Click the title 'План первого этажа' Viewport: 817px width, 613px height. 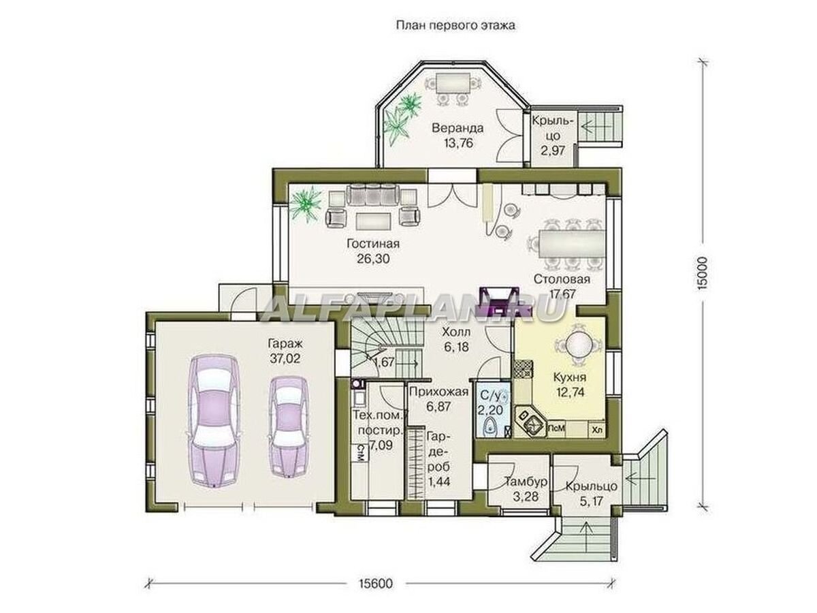tap(455, 26)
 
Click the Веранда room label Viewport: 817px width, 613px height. tap(458, 128)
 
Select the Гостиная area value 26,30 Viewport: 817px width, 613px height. tap(373, 258)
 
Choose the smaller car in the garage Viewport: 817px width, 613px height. tap(289, 427)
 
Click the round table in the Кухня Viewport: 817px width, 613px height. tap(577, 343)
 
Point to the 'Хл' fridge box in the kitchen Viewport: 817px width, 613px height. tap(596, 430)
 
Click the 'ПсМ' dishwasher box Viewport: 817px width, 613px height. tap(556, 428)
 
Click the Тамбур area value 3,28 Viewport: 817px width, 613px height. tap(525, 497)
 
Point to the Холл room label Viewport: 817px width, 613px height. tap(456, 331)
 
